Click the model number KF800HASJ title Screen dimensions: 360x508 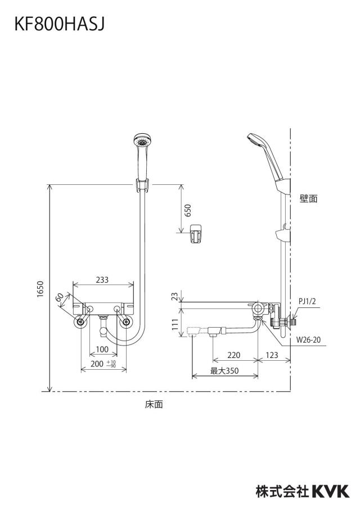pyautogui.click(x=60, y=24)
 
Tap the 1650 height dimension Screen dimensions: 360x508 pyautogui.click(x=40, y=289)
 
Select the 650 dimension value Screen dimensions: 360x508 pyautogui.click(x=187, y=210)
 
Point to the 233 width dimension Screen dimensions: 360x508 pyautogui.click(x=102, y=279)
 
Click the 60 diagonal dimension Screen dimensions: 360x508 pyautogui.click(x=60, y=297)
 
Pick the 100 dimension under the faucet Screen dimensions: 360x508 pyautogui.click(x=102, y=350)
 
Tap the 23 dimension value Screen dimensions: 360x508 pyautogui.click(x=175, y=296)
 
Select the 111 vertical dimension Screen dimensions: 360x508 pyautogui.click(x=175, y=324)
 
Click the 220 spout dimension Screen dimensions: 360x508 pyautogui.click(x=233, y=355)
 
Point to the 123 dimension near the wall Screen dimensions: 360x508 pyautogui.click(x=272, y=355)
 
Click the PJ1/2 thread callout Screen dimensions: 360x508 pyautogui.click(x=307, y=302)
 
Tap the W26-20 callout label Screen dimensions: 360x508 pyautogui.click(x=308, y=339)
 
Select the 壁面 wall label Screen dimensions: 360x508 pyautogui.click(x=308, y=198)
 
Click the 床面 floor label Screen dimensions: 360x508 pyautogui.click(x=154, y=404)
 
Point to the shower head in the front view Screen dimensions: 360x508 pyautogui.click(x=142, y=140)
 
